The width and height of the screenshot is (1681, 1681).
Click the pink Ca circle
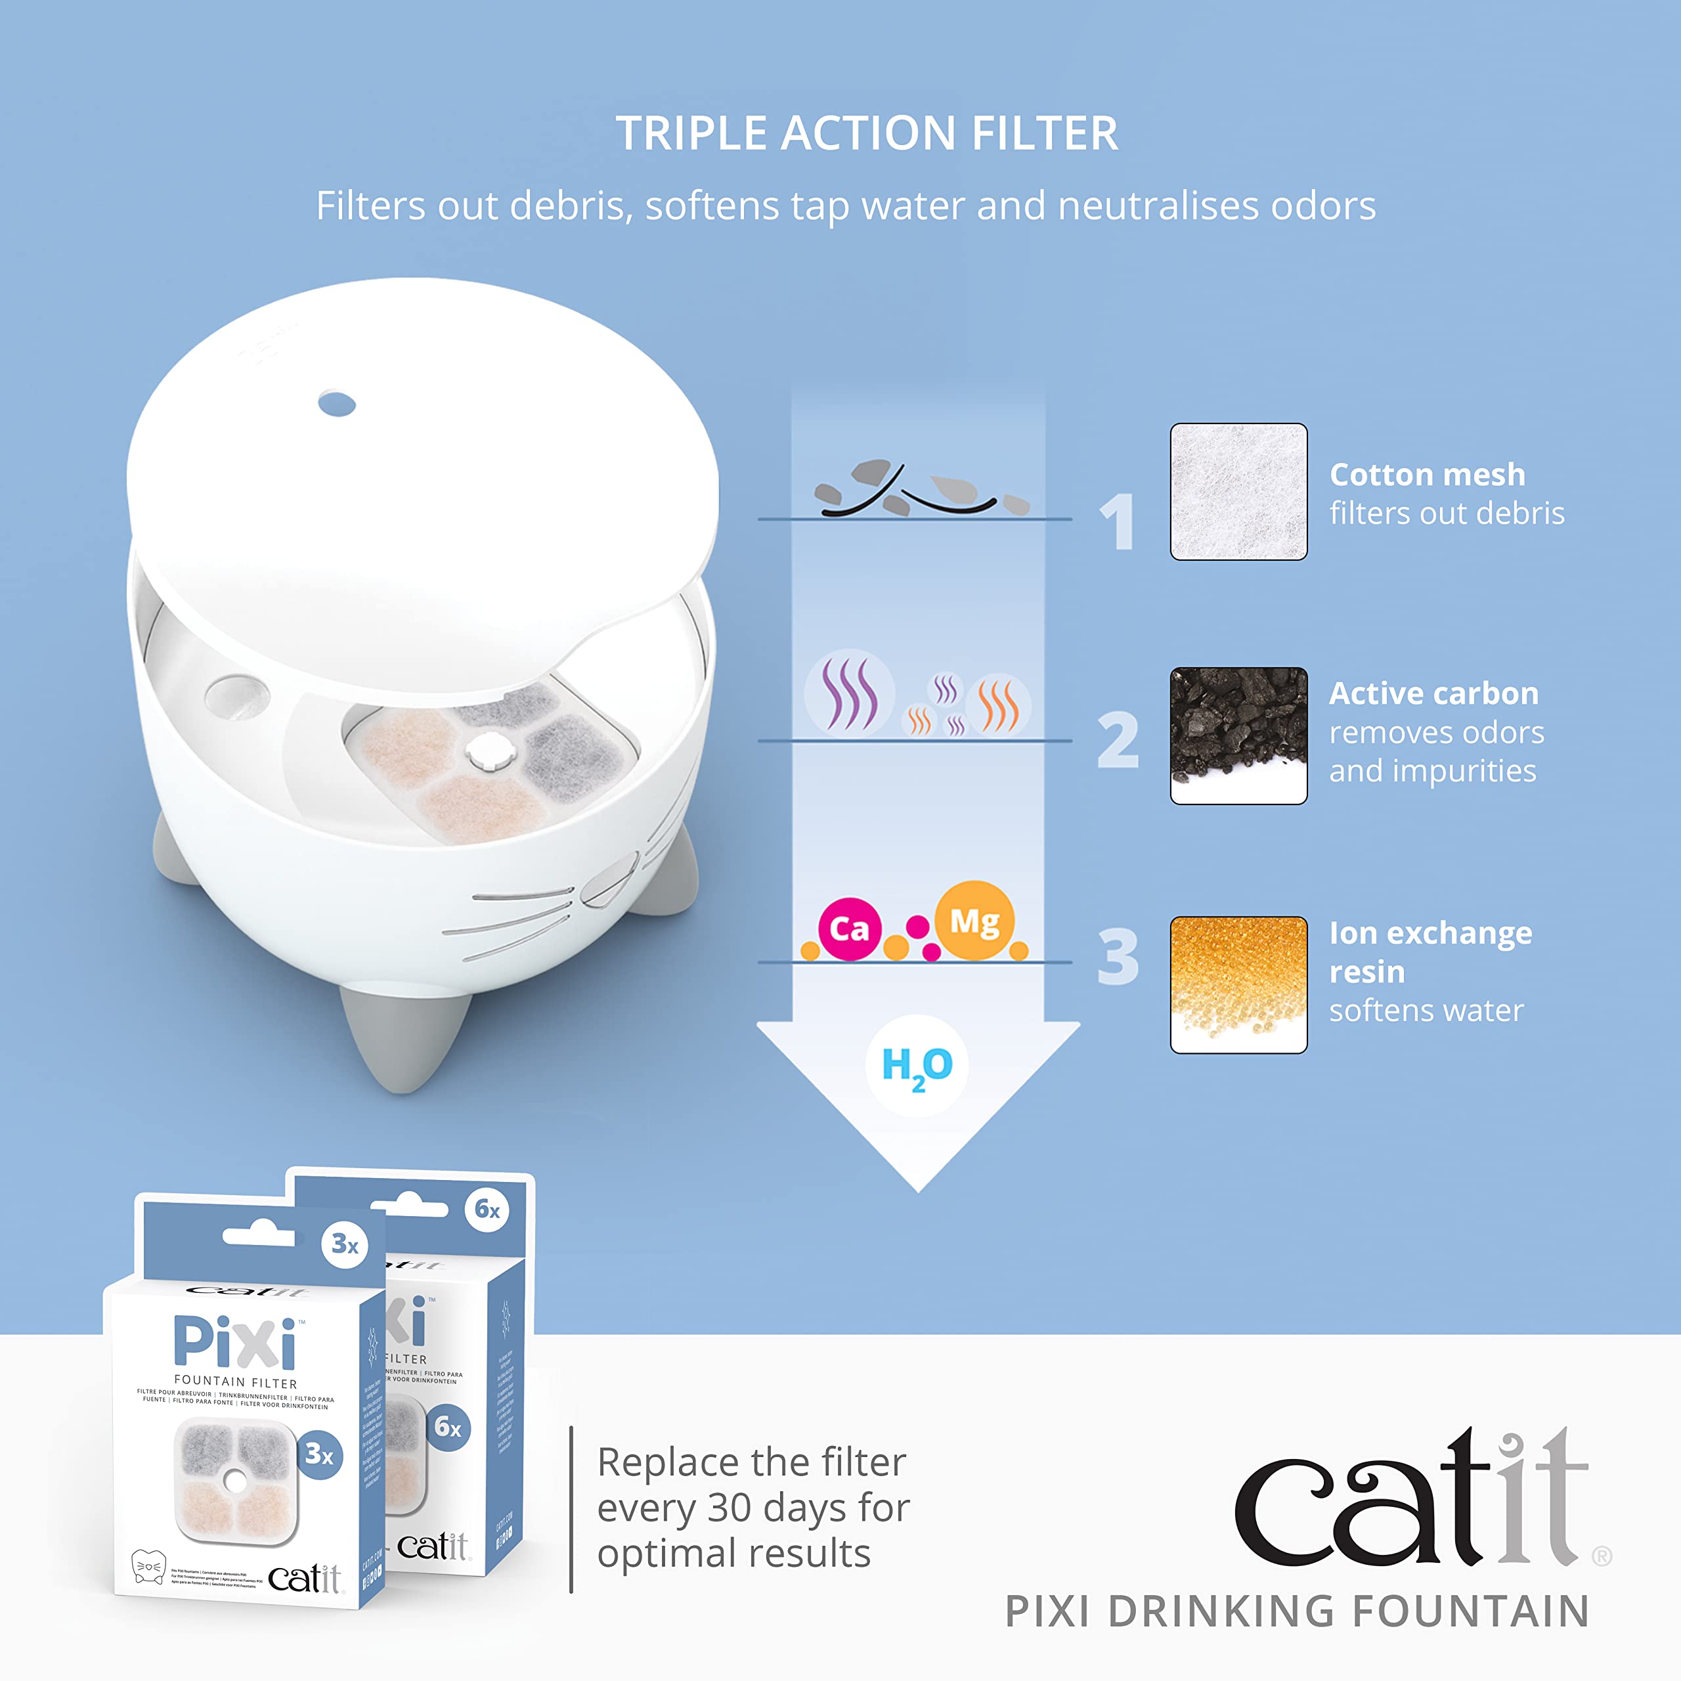(849, 929)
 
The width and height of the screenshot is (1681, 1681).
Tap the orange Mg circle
(974, 921)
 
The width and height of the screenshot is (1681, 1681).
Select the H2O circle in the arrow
(917, 1065)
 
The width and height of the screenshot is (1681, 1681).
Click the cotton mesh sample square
(1238, 492)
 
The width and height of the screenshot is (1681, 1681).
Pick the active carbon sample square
(1238, 735)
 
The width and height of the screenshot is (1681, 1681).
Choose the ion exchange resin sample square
(1238, 984)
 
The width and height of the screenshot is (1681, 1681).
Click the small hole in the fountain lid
(337, 404)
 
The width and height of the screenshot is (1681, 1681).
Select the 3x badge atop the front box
(345, 1245)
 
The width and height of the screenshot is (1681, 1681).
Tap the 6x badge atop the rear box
(487, 1210)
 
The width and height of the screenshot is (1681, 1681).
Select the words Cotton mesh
(1427, 475)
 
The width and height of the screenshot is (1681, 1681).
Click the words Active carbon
(1433, 693)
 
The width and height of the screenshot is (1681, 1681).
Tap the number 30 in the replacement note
(729, 1508)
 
